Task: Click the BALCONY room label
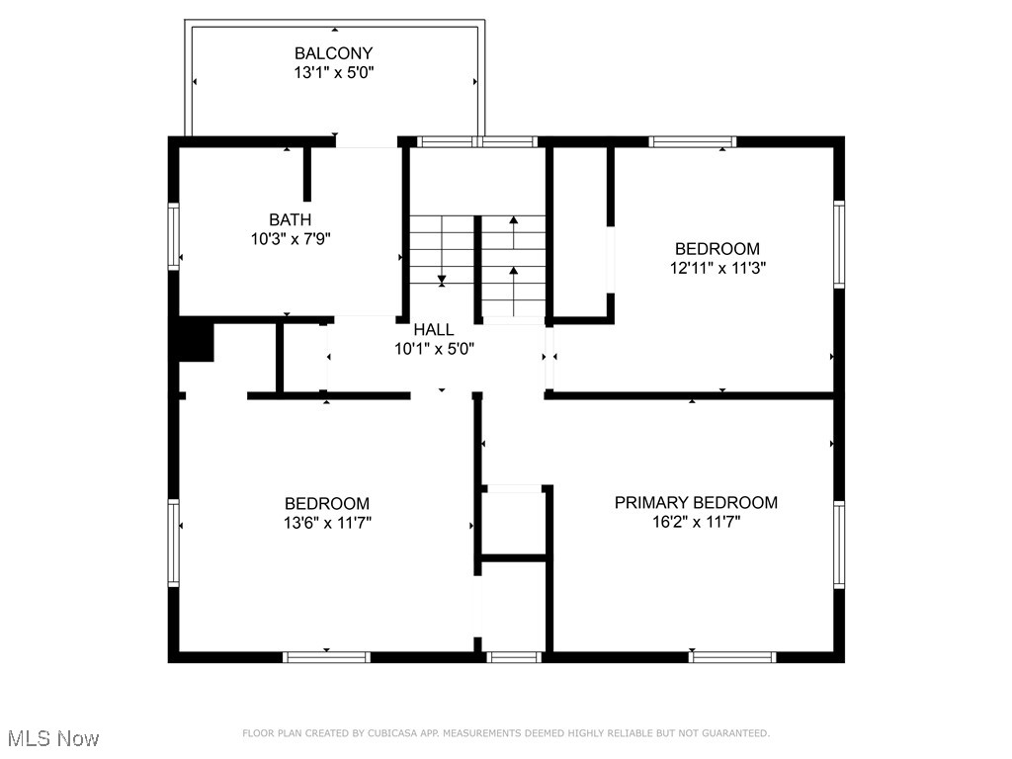333,53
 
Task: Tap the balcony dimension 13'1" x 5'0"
333,72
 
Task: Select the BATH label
290,219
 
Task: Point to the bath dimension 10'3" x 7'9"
290,238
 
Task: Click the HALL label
434,330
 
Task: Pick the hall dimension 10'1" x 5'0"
434,349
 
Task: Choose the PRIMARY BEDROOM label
696,503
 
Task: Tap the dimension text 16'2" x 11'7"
696,522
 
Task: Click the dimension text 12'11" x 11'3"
717,268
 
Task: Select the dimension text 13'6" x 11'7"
327,523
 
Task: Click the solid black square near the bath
196,341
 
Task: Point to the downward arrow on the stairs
442,280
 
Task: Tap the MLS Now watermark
53,738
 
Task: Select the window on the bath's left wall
174,236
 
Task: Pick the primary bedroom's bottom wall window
732,656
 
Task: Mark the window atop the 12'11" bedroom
692,141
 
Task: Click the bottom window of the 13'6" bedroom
326,656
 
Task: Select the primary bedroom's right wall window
839,545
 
